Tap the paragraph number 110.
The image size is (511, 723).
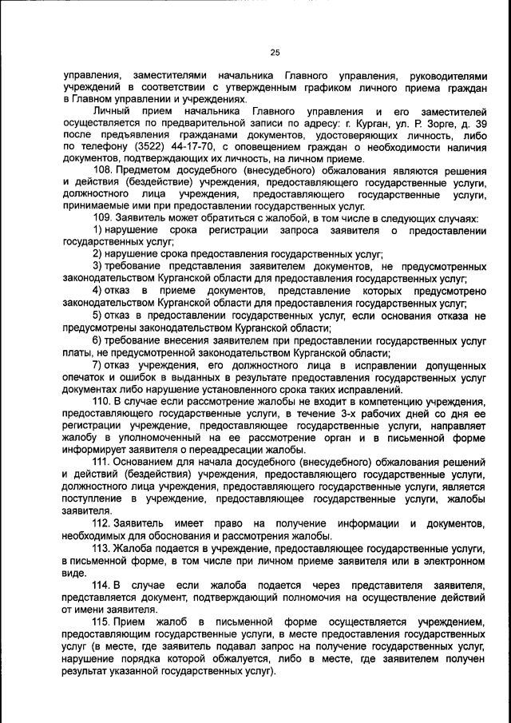[x=103, y=400]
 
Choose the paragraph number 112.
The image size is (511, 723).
[x=103, y=523]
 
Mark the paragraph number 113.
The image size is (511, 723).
[x=103, y=550]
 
